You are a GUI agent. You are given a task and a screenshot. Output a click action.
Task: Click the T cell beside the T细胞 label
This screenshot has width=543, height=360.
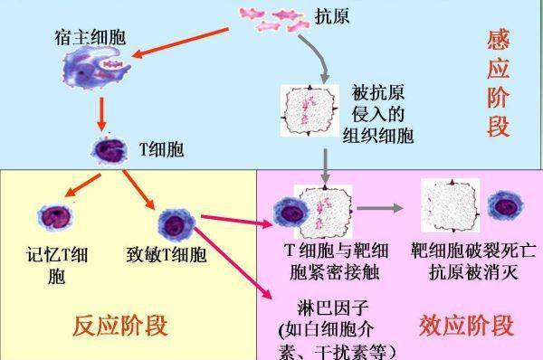click(107, 149)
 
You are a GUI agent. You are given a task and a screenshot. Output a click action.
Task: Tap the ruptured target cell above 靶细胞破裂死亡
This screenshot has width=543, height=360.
click(449, 204)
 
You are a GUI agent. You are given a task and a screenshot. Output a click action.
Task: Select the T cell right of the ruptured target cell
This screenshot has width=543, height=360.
click(504, 206)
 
